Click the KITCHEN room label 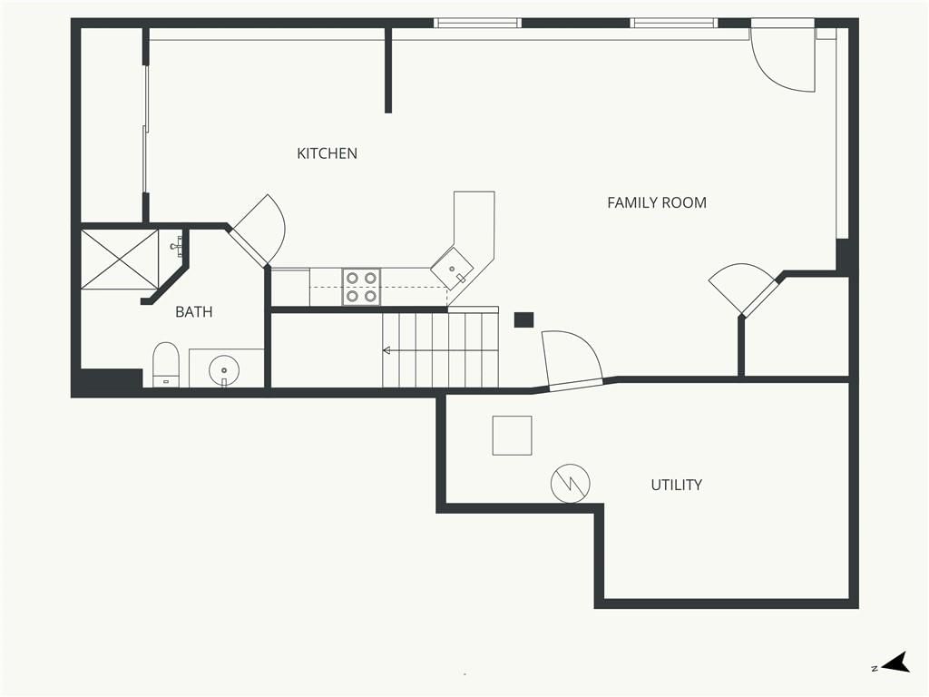[x=327, y=153]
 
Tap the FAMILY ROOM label [x=657, y=202]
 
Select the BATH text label [x=194, y=312]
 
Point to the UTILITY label [x=676, y=485]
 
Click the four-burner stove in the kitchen [x=361, y=287]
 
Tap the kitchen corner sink [x=452, y=269]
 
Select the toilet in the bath [x=166, y=365]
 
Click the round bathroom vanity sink [x=224, y=370]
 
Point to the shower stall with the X [x=120, y=260]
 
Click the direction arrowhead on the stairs [x=386, y=351]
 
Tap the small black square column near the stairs [x=523, y=319]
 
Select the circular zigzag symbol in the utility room [x=570, y=484]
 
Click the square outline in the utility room [x=512, y=436]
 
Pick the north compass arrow [x=895, y=663]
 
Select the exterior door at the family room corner [x=783, y=59]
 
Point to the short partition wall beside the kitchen [x=388, y=70]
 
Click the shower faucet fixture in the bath [x=177, y=245]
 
